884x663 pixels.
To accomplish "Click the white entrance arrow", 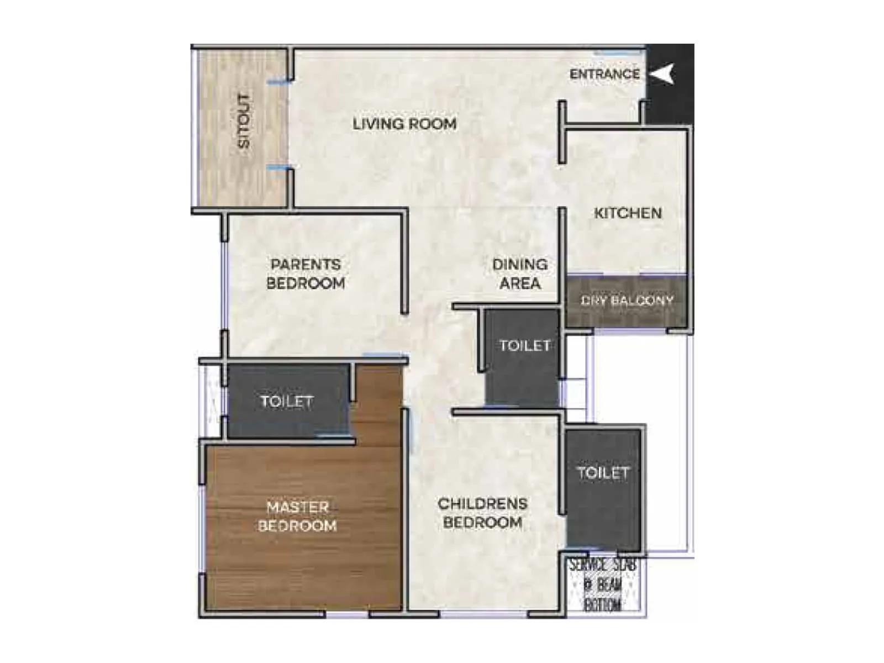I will (x=662, y=73).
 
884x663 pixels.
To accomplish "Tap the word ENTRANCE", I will (x=604, y=74).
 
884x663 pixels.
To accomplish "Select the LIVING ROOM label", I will (x=404, y=124).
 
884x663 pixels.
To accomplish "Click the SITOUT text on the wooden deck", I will (x=244, y=121).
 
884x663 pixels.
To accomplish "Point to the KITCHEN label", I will (x=628, y=213).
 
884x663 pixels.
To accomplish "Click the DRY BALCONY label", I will (x=627, y=301).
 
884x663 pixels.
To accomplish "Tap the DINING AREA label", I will (x=520, y=274).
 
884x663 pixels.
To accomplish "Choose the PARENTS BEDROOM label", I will (x=306, y=274).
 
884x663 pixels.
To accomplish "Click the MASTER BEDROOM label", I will (x=297, y=517).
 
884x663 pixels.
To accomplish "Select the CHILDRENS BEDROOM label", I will (x=482, y=513).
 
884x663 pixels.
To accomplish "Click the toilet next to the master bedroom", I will (x=287, y=402).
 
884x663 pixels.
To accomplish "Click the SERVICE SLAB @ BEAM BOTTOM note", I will (x=603, y=585).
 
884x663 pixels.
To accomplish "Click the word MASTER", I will (x=297, y=507).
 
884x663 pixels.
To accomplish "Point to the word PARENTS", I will (x=306, y=265).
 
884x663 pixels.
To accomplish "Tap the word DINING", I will (x=520, y=265).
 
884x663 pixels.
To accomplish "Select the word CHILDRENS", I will (x=482, y=504).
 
